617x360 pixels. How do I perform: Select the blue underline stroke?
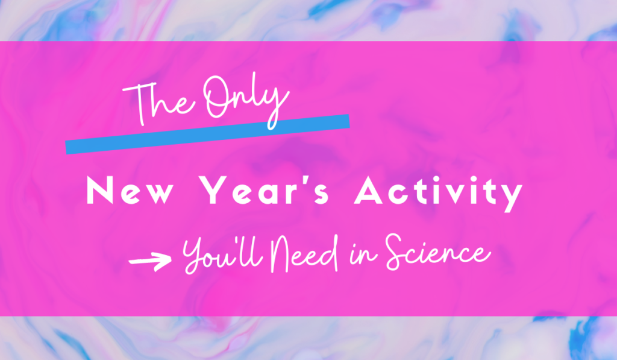point(207,133)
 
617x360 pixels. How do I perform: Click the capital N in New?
point(98,192)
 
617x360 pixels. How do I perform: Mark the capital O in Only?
point(216,99)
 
